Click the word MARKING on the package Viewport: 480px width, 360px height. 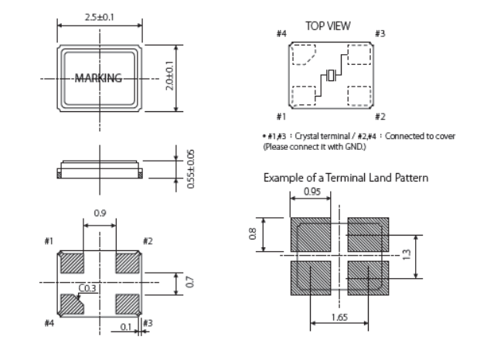click(x=98, y=78)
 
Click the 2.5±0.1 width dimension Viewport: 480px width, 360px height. click(x=98, y=15)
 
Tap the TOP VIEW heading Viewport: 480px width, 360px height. click(x=327, y=25)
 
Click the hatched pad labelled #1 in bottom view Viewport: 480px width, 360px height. click(x=72, y=263)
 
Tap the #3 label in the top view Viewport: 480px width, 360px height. click(x=380, y=33)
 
